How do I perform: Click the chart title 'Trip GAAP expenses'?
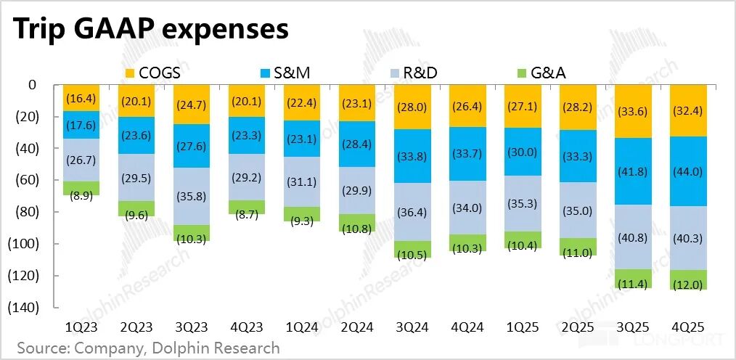(x=150, y=30)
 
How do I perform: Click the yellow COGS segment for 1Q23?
(x=81, y=98)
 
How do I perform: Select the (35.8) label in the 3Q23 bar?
(x=191, y=196)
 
